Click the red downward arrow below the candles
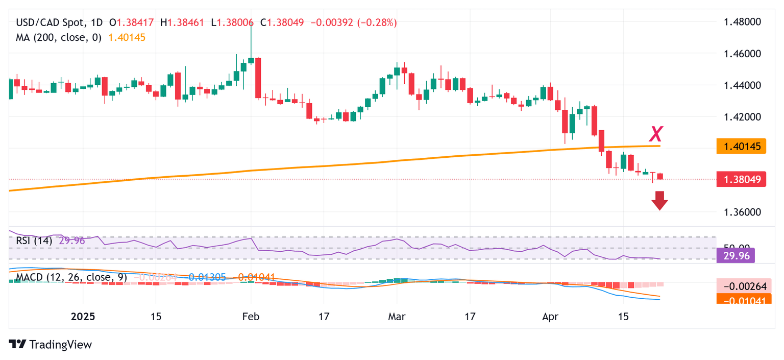coord(660,200)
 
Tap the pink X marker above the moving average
coord(656,134)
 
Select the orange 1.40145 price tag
coord(741,147)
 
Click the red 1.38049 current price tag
coord(741,179)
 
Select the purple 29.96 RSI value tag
coord(736,255)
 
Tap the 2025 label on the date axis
coord(83,317)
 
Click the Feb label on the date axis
coord(251,317)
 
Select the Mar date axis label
coord(397,317)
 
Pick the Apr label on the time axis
coord(550,317)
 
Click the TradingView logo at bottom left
coord(51,345)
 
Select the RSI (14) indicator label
coord(34,241)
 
